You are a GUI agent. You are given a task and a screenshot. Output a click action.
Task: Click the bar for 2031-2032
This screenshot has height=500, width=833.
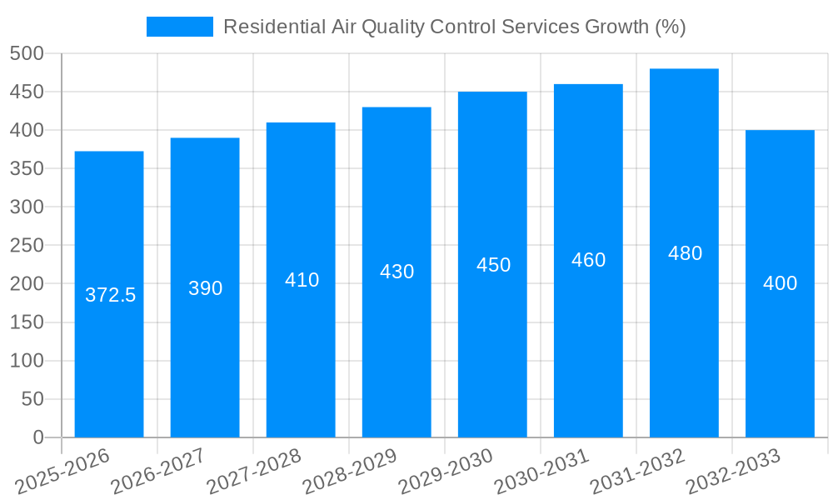tap(684, 333)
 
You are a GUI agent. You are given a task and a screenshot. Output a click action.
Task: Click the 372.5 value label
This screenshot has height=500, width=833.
tap(110, 295)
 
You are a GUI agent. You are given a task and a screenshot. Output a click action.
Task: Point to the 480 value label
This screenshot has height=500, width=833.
tap(685, 253)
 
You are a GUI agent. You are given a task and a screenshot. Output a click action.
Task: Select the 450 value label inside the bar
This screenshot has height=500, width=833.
tap(493, 265)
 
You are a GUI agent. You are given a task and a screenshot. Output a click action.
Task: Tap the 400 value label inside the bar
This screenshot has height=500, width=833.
tap(780, 283)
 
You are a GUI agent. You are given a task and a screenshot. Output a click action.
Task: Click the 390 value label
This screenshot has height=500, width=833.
tap(205, 288)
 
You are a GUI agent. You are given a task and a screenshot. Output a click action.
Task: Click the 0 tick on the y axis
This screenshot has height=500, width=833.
tap(37, 437)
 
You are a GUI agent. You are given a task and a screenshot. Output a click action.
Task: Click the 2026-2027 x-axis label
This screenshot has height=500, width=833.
tap(158, 472)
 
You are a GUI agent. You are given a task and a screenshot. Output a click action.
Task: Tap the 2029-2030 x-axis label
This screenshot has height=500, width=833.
tap(446, 472)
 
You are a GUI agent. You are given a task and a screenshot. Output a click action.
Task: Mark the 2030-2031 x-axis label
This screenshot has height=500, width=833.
tap(541, 472)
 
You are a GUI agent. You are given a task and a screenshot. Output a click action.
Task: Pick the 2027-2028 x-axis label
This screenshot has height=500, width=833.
tap(254, 472)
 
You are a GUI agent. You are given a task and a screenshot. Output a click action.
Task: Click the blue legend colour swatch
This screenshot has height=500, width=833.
tap(179, 27)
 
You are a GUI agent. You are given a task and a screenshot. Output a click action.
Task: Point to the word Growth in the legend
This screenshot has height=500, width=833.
tap(610, 27)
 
